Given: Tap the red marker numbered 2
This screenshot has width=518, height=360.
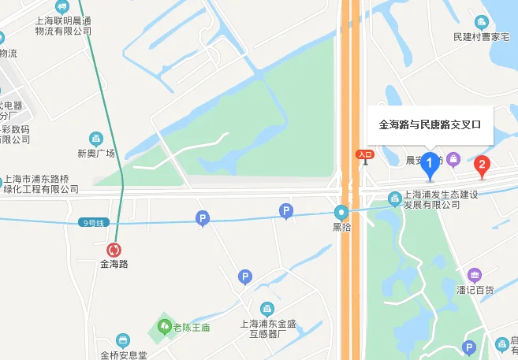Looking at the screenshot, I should (x=483, y=165).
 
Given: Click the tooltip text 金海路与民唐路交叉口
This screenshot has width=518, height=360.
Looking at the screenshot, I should (x=430, y=124).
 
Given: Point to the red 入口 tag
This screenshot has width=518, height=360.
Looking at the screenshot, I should (x=364, y=155).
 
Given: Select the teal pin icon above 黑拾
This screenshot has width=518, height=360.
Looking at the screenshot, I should (x=341, y=212).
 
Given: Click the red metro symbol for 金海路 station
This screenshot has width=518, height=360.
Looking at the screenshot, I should (x=114, y=251).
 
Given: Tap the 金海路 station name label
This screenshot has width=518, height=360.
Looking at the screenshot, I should (x=114, y=265).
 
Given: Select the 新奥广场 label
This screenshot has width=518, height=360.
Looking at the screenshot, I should (x=96, y=153).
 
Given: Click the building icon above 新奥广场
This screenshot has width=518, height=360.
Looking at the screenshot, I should (x=96, y=139).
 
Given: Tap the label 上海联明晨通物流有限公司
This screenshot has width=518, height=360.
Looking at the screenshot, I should (x=63, y=26).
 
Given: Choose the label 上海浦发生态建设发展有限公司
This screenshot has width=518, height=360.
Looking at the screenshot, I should (x=432, y=199).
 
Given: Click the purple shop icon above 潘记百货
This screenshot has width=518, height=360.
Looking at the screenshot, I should (x=474, y=275).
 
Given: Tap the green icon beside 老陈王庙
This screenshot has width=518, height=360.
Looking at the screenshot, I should (x=164, y=325).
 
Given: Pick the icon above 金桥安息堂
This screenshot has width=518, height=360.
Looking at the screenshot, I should (x=121, y=340).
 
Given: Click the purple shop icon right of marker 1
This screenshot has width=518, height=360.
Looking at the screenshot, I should (x=453, y=160).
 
